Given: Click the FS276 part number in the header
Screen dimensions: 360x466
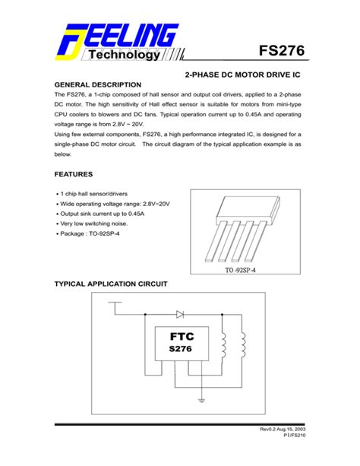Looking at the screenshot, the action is (x=281, y=52).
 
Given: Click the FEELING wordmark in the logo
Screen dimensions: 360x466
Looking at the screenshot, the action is (x=129, y=35).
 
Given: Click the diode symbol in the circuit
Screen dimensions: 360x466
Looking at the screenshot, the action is (x=180, y=313).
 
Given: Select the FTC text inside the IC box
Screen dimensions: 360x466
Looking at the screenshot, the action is (x=182, y=337).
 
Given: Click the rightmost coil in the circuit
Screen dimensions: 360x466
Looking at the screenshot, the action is (x=244, y=349).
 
